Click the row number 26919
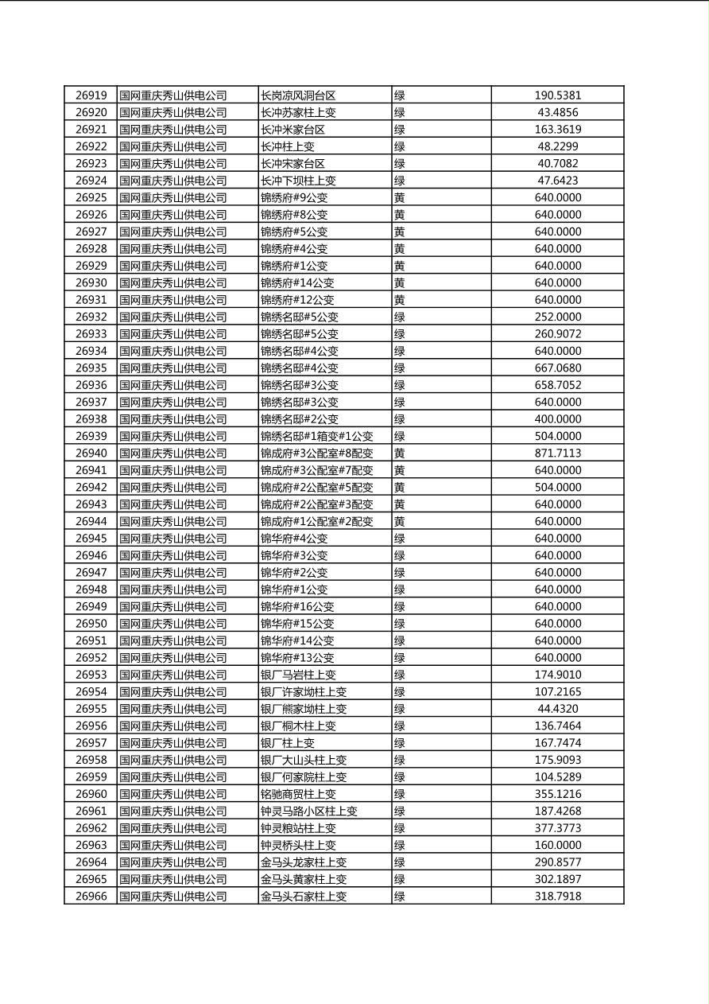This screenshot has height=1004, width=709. (91, 95)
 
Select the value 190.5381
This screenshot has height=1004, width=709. (557, 95)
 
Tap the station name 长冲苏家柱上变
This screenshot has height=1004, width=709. (298, 112)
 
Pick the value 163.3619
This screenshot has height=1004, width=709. (557, 130)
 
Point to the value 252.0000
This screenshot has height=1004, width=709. (557, 317)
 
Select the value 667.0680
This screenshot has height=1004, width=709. (557, 368)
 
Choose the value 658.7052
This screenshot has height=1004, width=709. (557, 385)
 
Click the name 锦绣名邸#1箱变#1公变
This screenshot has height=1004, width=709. (316, 436)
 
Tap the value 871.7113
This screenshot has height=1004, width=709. (557, 453)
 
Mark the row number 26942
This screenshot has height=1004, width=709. (91, 487)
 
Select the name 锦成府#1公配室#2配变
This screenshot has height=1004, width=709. (316, 521)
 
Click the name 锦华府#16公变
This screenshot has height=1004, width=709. (297, 606)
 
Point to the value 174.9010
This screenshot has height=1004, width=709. (557, 675)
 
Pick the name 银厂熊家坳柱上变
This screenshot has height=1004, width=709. (304, 709)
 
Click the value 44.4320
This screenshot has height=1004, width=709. (557, 709)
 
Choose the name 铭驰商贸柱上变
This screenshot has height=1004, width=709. (298, 794)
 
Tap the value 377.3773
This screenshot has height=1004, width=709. (557, 828)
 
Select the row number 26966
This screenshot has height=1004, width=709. (91, 896)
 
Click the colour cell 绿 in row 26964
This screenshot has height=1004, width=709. (400, 862)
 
